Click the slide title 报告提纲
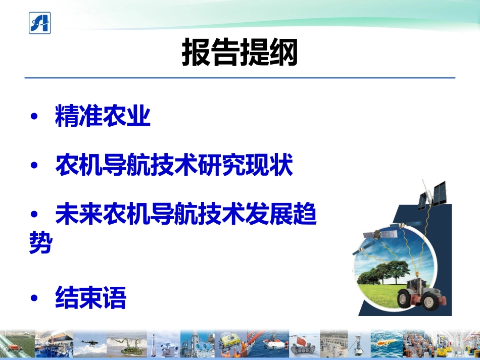point(240,53)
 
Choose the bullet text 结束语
point(90,298)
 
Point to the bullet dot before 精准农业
point(34,117)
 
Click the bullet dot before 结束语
point(34,298)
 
